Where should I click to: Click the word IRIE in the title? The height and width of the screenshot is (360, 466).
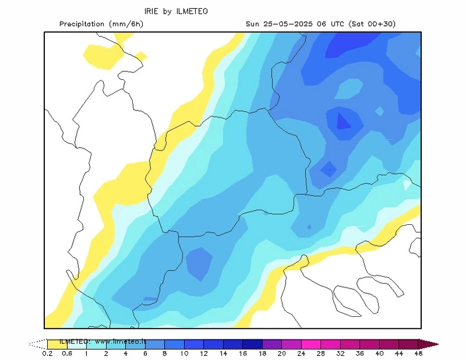coord(153,11)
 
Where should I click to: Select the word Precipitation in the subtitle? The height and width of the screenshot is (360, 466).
coord(83,24)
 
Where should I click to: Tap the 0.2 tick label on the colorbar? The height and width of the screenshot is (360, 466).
coord(47,354)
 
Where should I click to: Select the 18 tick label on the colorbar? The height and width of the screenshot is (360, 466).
coord(243,354)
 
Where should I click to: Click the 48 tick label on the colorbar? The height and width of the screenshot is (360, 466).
coord(418,354)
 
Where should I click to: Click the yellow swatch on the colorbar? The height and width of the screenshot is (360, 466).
coord(57,343)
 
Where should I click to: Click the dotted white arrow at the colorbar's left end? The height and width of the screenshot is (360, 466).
coord(38,343)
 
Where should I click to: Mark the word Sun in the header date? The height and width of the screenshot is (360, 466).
coord(253,24)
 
